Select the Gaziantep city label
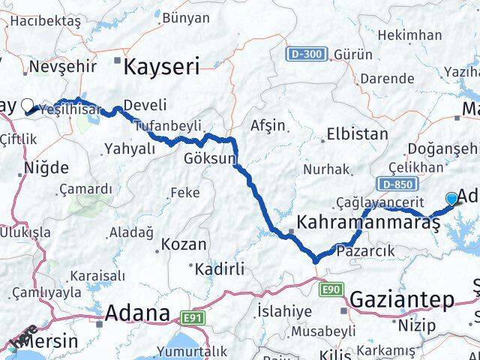[402, 300]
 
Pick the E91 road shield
[194, 318]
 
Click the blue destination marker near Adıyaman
[451, 198]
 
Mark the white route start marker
[28, 106]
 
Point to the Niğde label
[46, 167]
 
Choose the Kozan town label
[184, 244]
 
